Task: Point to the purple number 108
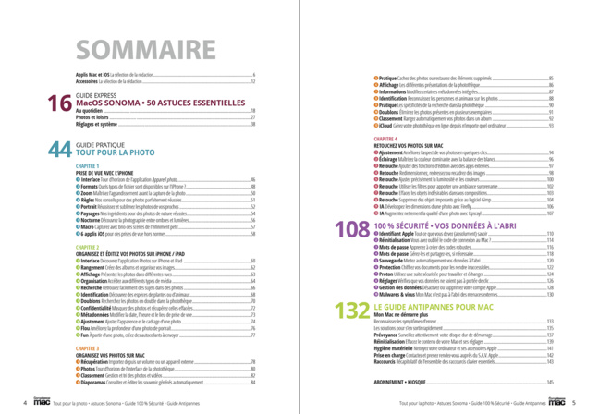point(352,228)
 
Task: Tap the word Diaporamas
point(93,380)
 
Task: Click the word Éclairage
point(389,159)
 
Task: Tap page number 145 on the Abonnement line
point(550,381)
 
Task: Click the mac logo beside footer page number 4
point(40,403)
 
